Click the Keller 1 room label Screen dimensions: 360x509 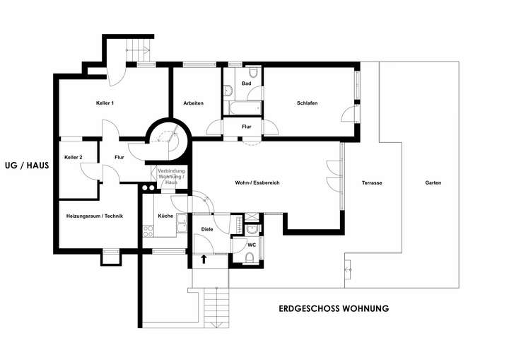point(105,103)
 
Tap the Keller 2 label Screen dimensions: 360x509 point(73,157)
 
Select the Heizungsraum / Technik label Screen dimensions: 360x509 point(95,216)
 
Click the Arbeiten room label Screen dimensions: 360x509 point(193,103)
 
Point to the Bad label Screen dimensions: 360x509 point(246,84)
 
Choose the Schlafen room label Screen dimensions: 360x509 point(307,103)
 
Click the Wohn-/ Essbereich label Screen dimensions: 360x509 point(257,182)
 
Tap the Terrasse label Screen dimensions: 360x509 point(372,182)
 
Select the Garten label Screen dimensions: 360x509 point(433,182)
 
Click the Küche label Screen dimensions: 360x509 point(165,216)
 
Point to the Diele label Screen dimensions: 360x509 point(207,229)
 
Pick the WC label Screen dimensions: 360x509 point(251,245)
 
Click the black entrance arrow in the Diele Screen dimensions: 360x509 point(204,259)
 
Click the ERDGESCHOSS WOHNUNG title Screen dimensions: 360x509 point(334,309)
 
